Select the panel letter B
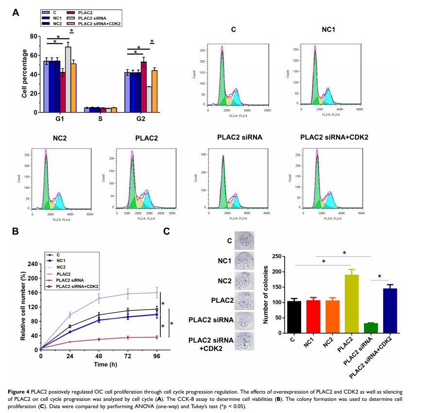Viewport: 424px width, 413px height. click(x=16, y=232)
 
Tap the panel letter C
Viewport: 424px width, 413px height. click(x=166, y=232)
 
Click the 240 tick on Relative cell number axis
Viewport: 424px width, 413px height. click(x=32, y=264)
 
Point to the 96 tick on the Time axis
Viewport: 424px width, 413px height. click(x=156, y=356)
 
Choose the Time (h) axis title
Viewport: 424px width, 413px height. click(x=99, y=364)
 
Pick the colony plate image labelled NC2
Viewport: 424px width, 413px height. click(x=244, y=281)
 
